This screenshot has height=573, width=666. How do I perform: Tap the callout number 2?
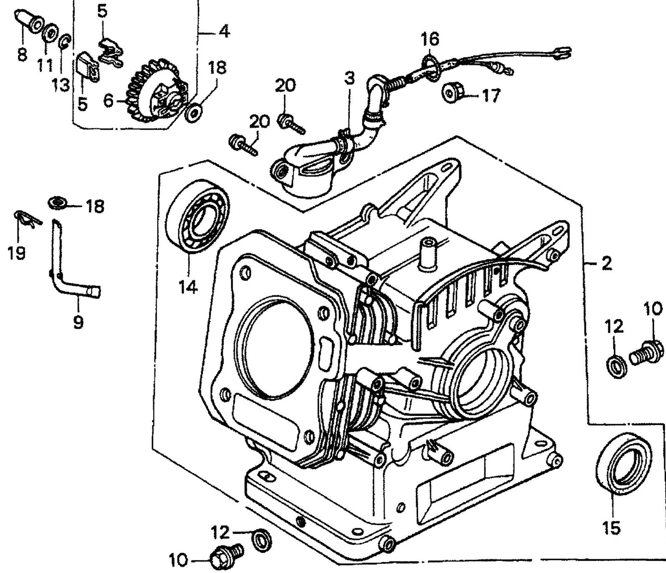[607, 264]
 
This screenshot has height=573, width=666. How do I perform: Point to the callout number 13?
[60, 85]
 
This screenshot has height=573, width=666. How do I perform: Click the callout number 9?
[78, 322]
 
